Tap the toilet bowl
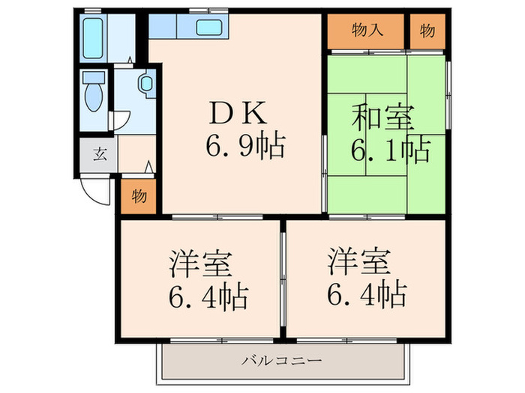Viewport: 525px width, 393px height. (94, 97)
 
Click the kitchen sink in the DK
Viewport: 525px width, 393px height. (208, 29)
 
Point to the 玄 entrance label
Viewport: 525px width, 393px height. (99, 156)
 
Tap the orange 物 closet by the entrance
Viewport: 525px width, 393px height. (139, 196)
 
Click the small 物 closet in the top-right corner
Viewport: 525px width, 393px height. (426, 31)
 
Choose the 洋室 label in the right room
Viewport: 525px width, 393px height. (358, 262)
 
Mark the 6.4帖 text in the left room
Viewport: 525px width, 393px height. (208, 297)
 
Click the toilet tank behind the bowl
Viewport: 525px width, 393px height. (94, 78)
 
